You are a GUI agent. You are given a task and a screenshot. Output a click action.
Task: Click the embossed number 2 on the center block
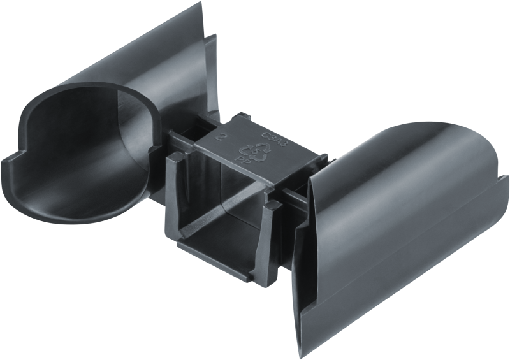(x=220, y=136)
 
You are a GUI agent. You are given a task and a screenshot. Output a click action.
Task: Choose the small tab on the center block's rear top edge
(x=240, y=118)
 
